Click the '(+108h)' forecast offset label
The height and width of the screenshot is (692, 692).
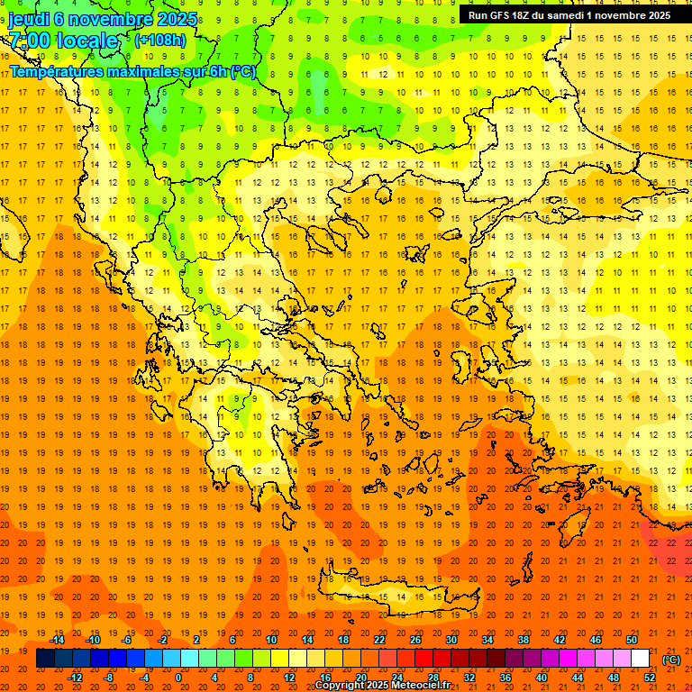click(x=160, y=41)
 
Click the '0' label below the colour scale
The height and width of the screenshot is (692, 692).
click(x=178, y=678)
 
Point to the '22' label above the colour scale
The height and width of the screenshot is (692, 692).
click(x=379, y=640)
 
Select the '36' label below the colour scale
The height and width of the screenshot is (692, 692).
click(x=505, y=678)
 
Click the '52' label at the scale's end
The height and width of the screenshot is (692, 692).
click(x=650, y=678)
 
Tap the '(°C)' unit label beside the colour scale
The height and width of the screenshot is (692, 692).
click(x=671, y=660)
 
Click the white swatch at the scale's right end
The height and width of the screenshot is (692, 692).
click(x=641, y=659)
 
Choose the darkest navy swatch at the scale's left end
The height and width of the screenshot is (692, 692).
click(x=45, y=659)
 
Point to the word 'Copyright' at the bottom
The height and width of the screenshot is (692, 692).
click(x=340, y=686)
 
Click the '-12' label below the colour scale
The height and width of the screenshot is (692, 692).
click(x=75, y=678)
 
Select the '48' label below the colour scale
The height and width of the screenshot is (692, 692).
click(x=614, y=678)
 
